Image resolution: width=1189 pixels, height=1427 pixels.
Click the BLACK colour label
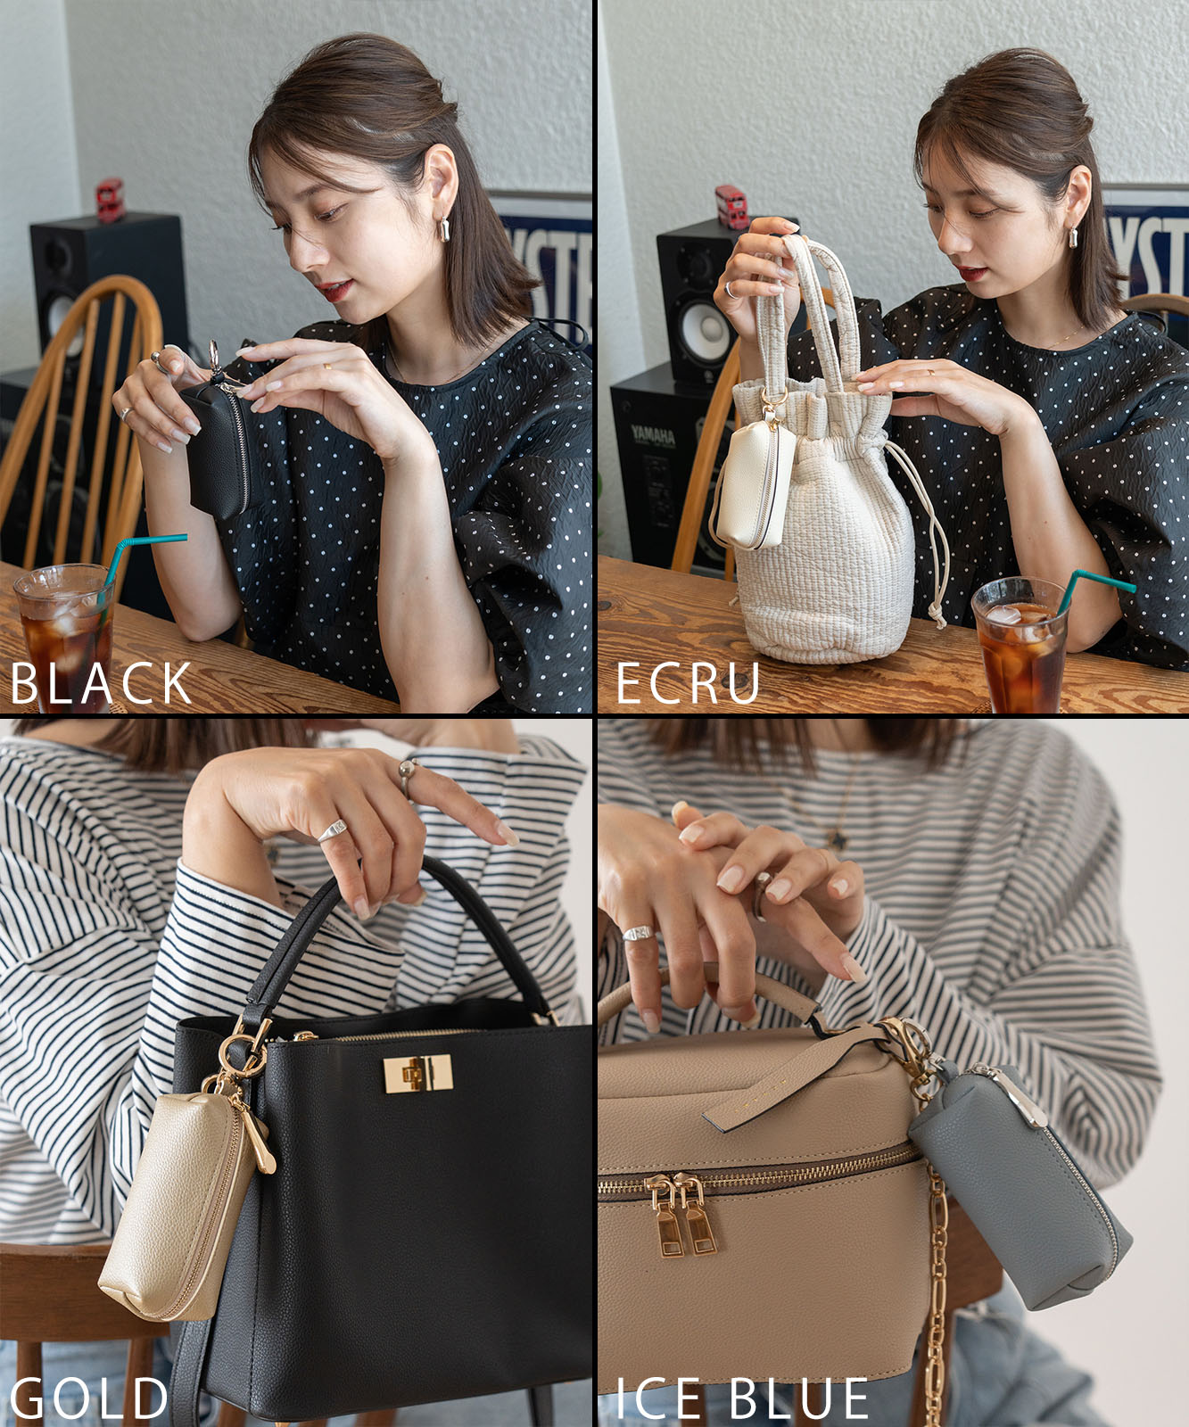pos(101,684)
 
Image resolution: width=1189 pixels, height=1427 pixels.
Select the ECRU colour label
pos(688,684)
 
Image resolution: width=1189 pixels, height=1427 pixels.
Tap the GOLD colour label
pos(89,1398)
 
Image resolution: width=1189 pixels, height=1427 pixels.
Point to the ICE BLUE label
pos(742,1398)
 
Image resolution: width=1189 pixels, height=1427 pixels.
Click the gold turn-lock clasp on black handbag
pos(417,1073)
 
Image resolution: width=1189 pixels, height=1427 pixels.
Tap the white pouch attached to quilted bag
pos(755,484)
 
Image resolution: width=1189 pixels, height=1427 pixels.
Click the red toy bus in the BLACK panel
pos(109,200)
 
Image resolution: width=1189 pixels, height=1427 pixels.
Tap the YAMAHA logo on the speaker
pos(653,435)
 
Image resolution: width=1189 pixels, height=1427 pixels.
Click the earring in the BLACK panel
pos(443,229)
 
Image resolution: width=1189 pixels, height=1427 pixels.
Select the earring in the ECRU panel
pos(1076,238)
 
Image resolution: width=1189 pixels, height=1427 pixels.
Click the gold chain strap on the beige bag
pos(935,1293)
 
